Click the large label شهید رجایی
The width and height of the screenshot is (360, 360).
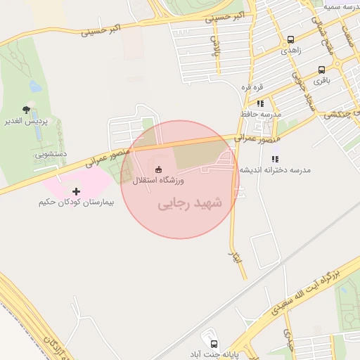[x=189, y=204]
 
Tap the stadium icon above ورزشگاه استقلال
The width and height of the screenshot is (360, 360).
[x=157, y=169]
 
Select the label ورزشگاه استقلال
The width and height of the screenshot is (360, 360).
[x=158, y=181]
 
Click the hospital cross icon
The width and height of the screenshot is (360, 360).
[x=76, y=191]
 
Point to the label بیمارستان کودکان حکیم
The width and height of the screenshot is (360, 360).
[x=77, y=202]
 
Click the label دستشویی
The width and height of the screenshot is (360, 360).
[x=50, y=153]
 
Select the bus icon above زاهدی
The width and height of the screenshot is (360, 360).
[x=291, y=39]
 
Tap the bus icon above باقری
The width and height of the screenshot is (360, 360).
[x=321, y=70]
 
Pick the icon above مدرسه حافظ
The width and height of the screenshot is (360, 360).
[x=260, y=103]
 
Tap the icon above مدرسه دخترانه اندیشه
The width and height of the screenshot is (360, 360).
[x=275, y=159]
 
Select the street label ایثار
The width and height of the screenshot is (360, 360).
[x=235, y=257]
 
